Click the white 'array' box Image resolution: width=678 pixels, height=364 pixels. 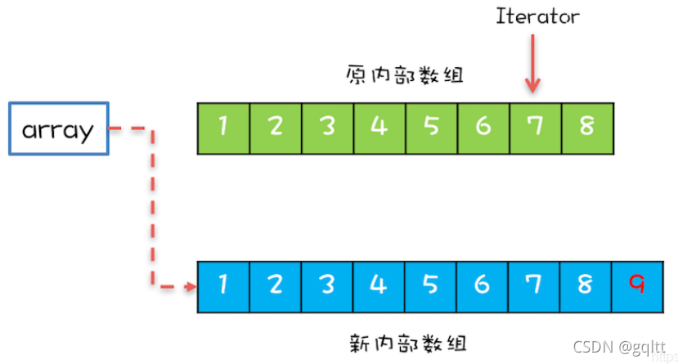pos(58,129)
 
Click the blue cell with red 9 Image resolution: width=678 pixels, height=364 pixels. pos(638,285)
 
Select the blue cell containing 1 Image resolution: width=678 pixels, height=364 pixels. pos(223,285)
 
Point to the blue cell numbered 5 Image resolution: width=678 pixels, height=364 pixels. pos(431,285)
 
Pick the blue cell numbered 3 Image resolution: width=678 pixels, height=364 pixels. pos(327,285)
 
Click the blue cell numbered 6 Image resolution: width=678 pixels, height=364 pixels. pos(483,285)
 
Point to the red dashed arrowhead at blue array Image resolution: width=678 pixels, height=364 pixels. pos(191,286)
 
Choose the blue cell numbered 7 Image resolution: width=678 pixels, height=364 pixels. pos(535,285)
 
